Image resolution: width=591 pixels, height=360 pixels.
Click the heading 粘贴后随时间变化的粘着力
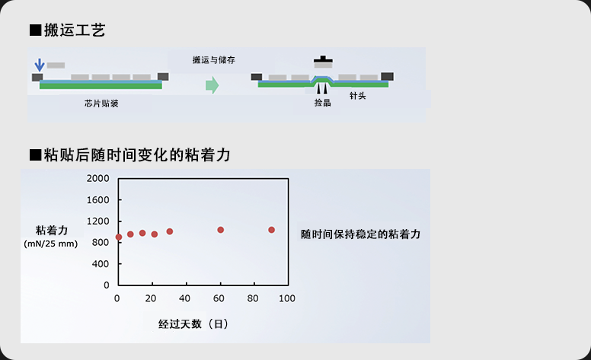point(129,155)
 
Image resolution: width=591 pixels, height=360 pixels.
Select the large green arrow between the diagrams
point(212,85)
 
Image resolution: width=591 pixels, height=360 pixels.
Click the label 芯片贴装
point(101,104)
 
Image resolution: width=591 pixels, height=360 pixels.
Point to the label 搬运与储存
point(216,59)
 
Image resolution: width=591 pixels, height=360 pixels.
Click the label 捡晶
point(323,103)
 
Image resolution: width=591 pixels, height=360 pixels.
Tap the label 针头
point(358,96)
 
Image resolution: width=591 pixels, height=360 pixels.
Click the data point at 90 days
point(271,230)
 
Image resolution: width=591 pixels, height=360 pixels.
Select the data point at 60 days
point(221,230)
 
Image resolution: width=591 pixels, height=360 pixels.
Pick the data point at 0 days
point(119,237)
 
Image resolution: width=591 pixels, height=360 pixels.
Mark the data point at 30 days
point(170,231)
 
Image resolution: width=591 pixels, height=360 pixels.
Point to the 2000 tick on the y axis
point(99,178)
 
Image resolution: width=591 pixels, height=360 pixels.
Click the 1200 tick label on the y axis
point(99,221)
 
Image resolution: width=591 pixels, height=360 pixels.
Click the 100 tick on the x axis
point(287,298)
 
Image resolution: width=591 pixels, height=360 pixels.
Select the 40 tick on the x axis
point(185,298)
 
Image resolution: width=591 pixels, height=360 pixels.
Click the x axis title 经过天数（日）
point(193,323)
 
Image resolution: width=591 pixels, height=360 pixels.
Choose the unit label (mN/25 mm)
point(51,244)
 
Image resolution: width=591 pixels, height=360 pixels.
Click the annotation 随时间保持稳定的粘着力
point(360,234)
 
